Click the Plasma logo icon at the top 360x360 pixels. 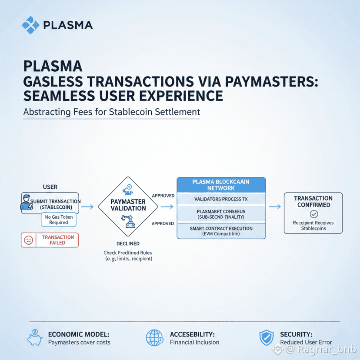tap(30, 25)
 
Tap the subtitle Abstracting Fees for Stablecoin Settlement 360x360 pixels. tap(112, 112)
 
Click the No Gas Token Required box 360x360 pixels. tap(58, 219)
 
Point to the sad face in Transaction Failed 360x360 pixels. tap(29, 240)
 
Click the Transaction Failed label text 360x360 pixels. tap(58, 240)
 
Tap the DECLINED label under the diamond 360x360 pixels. tap(128, 243)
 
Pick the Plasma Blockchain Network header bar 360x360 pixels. tap(220, 185)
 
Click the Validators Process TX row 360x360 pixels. tap(220, 199)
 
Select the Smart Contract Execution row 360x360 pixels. tap(220, 231)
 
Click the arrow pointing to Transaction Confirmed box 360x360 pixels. tap(274, 207)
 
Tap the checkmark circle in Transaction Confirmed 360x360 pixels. tap(313, 214)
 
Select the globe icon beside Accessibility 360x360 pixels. tap(154, 338)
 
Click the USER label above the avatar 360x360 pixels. tap(50, 187)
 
